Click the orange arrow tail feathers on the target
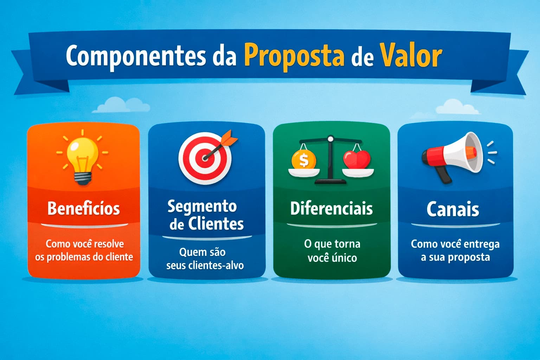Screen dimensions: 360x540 (x=231, y=137)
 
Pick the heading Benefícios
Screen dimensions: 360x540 (x=84, y=208)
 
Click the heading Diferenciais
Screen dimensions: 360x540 (x=331, y=208)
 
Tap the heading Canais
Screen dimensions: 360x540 (x=453, y=210)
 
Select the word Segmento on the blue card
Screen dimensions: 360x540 (x=202, y=206)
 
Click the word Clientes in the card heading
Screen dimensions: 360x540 (x=216, y=224)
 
